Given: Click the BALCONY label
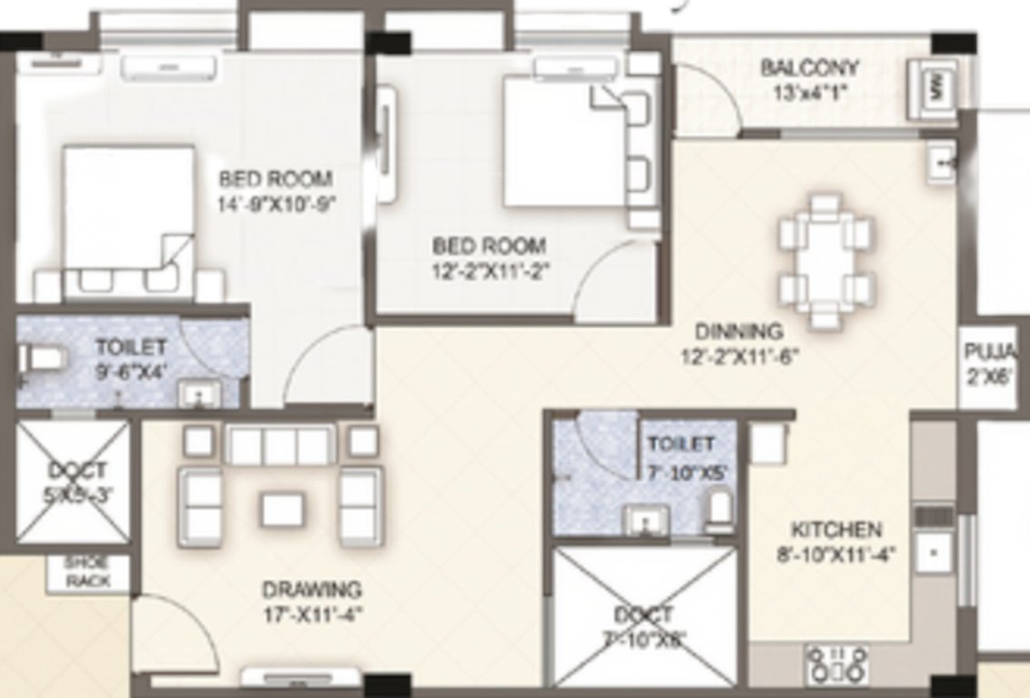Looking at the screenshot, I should coord(809,68).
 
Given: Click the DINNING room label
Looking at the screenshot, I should coord(739,332).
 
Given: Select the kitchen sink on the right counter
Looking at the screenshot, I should coord(932,551).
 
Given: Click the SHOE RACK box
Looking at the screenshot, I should coord(88,573).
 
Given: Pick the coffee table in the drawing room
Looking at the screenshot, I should coord(281,508).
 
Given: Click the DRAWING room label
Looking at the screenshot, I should coord(312,590).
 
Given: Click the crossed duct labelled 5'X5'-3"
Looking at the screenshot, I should coord(74,482).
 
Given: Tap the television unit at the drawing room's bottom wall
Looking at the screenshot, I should coord(302,677).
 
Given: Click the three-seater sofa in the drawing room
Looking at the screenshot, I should coord(280,445).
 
